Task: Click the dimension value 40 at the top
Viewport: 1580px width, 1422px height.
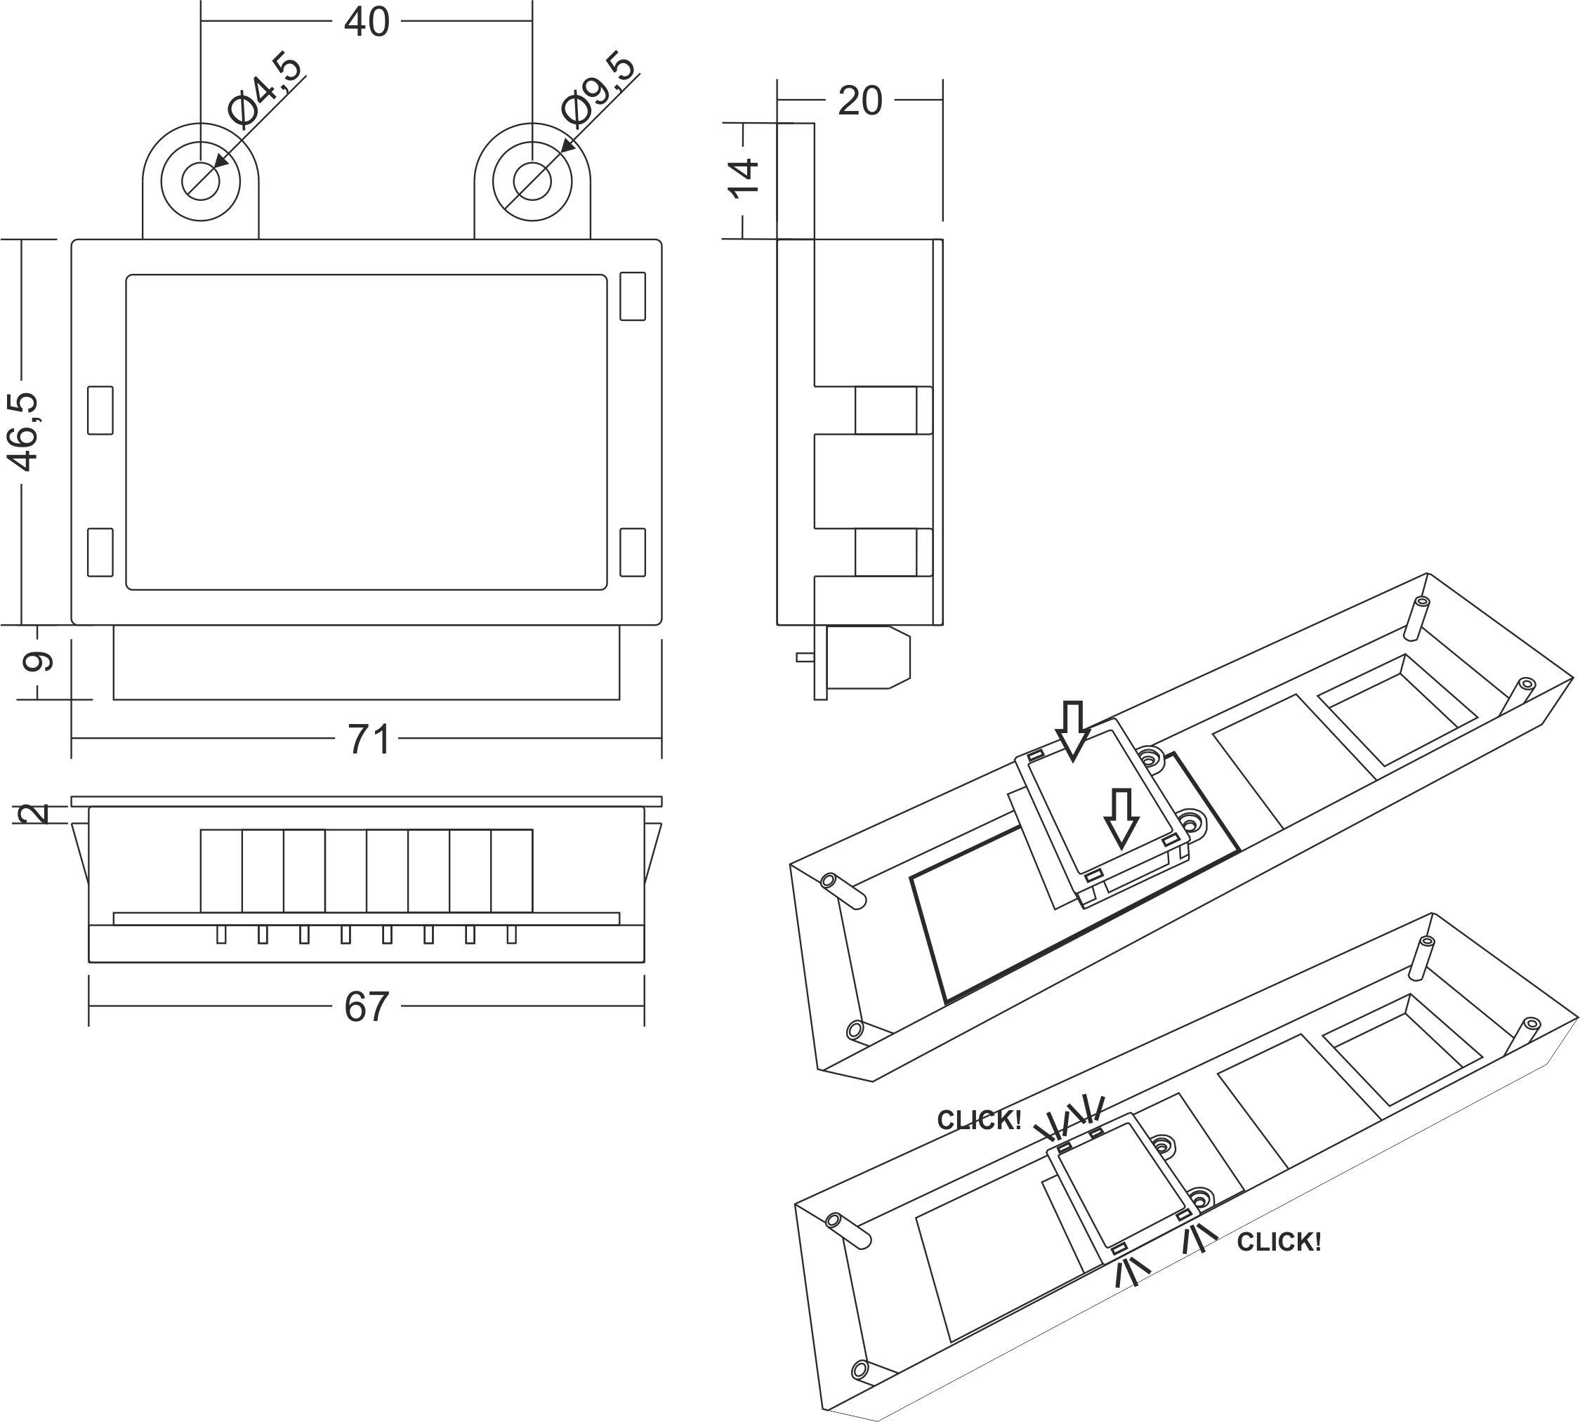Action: [x=367, y=22]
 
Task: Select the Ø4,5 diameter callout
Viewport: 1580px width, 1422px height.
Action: [x=265, y=91]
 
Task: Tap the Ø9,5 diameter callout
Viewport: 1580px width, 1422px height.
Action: [x=598, y=90]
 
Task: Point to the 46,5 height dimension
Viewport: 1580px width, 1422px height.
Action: [x=25, y=432]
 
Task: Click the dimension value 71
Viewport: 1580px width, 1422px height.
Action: [x=369, y=738]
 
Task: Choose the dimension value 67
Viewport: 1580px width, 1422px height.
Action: [x=367, y=1007]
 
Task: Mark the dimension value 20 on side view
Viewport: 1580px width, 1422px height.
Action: [x=860, y=102]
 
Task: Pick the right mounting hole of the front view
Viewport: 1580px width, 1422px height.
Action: [x=532, y=180]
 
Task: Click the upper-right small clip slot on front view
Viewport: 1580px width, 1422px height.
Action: [x=632, y=296]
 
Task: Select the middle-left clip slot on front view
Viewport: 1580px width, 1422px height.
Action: [x=100, y=409]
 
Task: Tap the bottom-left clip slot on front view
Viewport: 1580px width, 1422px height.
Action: [x=100, y=553]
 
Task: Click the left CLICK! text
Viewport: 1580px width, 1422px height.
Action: [x=979, y=1121]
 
